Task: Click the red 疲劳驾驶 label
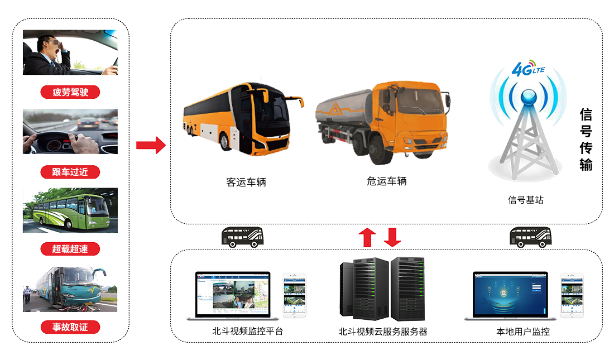[70, 92]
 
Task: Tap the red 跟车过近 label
[70, 171]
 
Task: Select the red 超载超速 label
[70, 248]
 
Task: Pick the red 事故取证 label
[70, 327]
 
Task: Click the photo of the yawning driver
[70, 52]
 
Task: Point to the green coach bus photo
[70, 210]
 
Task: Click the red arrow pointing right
[151, 146]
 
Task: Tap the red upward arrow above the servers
[367, 237]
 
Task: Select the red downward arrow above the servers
[393, 237]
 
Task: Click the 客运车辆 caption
[246, 182]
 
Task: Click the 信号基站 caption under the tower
[525, 199]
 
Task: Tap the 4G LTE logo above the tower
[527, 69]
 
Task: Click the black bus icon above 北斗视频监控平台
[243, 237]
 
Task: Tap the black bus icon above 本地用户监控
[531, 237]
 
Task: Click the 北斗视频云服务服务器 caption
[382, 332]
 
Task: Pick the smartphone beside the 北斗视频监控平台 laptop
[295, 296]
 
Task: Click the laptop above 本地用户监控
[510, 296]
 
